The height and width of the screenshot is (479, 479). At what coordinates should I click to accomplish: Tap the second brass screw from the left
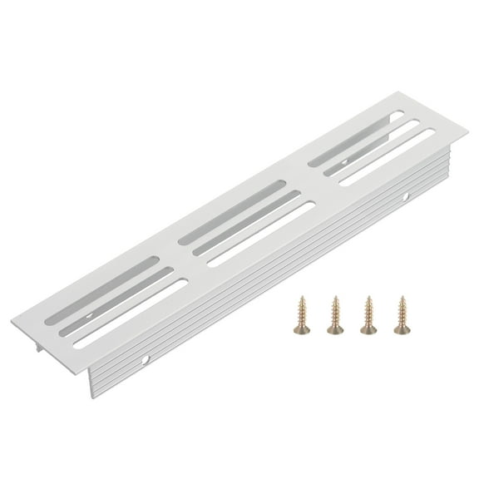click(335, 316)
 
